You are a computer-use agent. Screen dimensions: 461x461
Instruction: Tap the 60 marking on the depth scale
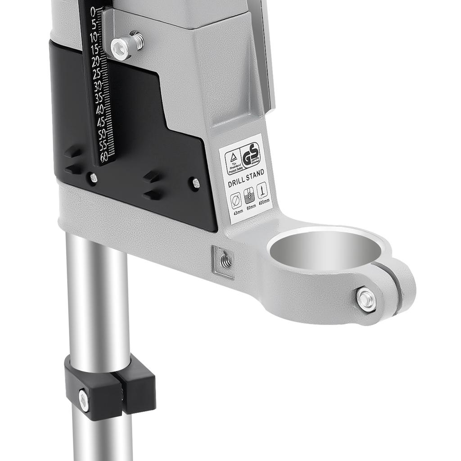tap(104, 157)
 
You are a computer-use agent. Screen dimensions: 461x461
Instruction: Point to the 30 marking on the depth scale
tap(98, 86)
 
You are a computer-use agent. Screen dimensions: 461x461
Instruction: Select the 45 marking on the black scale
tap(101, 122)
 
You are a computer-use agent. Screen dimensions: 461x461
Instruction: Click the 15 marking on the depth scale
tap(95, 49)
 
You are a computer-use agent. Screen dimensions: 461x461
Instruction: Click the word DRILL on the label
tap(236, 183)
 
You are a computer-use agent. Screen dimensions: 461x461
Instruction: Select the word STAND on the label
tap(255, 174)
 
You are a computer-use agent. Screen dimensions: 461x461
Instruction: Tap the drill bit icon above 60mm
tap(249, 195)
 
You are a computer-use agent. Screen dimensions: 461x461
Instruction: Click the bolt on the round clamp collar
tap(366, 299)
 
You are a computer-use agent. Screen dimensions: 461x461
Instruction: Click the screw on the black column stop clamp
tap(84, 400)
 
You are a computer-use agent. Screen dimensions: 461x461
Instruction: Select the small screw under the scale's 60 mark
tap(93, 178)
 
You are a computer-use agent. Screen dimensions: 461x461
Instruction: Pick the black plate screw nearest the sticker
tap(196, 183)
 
